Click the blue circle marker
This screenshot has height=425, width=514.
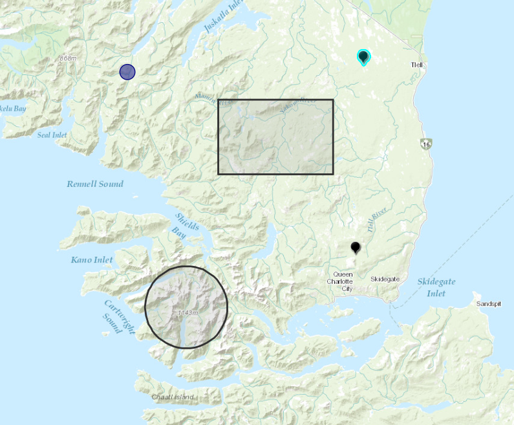tap(127, 72)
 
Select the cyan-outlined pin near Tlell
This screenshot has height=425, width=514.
tap(363, 58)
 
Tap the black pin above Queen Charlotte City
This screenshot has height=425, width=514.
tap(355, 247)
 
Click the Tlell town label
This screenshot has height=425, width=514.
tap(416, 65)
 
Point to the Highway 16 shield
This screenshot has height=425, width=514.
tap(425, 144)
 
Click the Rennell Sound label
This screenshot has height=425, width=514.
tap(95, 184)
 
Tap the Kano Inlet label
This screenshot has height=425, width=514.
tap(91, 260)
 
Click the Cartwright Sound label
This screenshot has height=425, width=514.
tap(120, 316)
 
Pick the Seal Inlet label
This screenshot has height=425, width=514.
tap(52, 135)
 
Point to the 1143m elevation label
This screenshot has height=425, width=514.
tap(187, 313)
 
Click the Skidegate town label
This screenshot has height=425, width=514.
tap(385, 279)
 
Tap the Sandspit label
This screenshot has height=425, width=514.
tap(488, 303)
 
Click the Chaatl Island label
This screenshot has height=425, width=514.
tap(173, 397)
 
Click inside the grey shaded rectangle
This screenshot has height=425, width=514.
tap(275, 136)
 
